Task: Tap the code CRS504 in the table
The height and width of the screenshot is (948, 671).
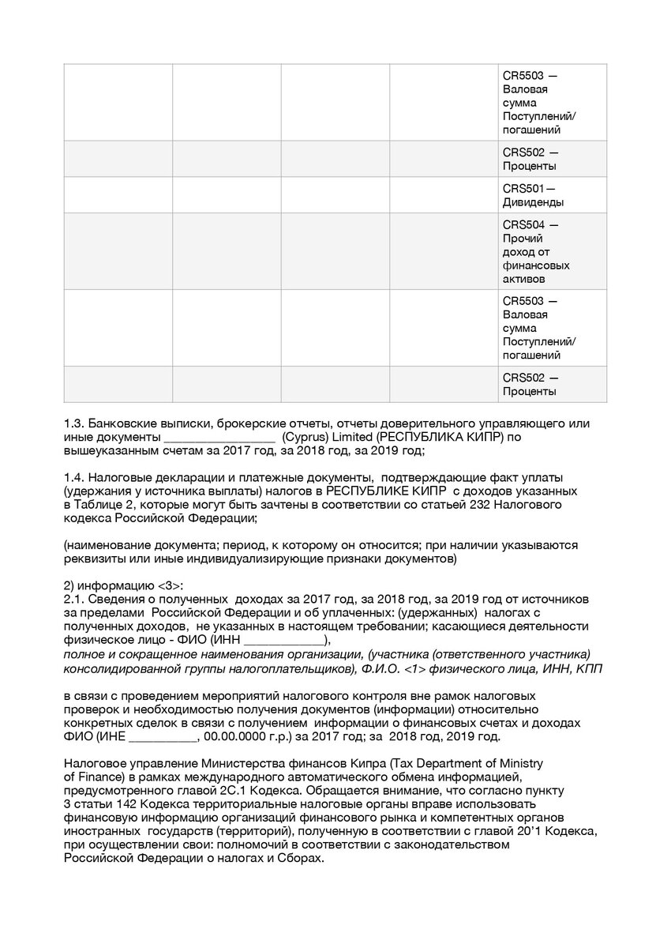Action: click(523, 224)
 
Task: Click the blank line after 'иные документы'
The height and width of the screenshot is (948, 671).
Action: click(219, 437)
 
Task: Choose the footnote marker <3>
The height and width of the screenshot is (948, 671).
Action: click(170, 585)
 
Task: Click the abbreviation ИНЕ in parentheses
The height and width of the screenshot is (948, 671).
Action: click(111, 736)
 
